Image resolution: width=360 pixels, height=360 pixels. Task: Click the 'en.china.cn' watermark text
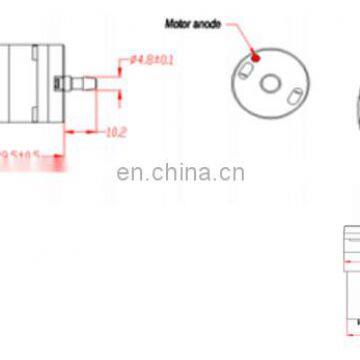pos(180,174)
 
